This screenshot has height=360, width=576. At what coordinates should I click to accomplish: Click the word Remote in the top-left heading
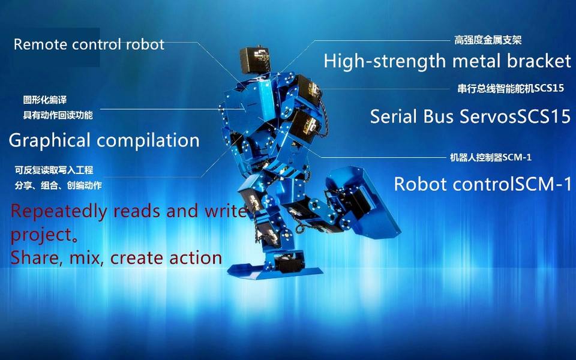coord(41,44)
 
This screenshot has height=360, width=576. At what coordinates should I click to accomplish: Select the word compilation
coord(148,140)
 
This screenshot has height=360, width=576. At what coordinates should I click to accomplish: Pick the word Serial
coord(394,116)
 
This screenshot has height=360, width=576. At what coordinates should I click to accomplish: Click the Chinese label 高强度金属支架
coord(488,40)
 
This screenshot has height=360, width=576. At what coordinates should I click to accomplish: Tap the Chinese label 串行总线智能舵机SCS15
coord(511,89)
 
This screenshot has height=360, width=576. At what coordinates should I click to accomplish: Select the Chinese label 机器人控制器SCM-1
coord(491,158)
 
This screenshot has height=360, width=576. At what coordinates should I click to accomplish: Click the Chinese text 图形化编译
coord(45,100)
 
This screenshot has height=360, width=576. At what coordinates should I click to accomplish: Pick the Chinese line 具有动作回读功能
coord(58,115)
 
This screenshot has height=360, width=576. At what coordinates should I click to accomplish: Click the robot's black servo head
coord(255,59)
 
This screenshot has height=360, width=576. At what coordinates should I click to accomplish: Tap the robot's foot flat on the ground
coord(275,269)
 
